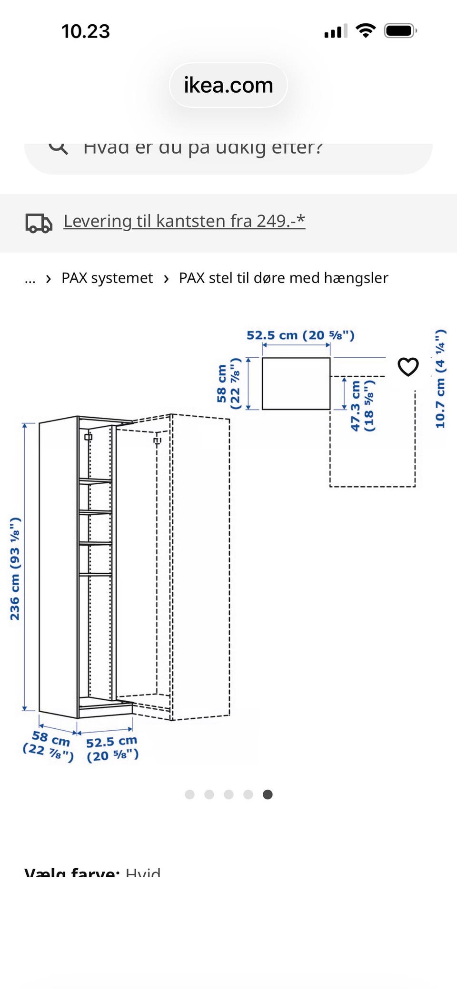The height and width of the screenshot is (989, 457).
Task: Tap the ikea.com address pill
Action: pyautogui.click(x=228, y=85)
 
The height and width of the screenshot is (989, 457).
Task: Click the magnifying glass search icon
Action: pyautogui.click(x=59, y=147)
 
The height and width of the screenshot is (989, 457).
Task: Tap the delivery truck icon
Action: pyautogui.click(x=39, y=223)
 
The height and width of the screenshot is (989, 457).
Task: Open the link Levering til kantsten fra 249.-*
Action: pyautogui.click(x=184, y=221)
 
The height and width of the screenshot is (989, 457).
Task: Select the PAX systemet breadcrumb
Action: pyautogui.click(x=107, y=278)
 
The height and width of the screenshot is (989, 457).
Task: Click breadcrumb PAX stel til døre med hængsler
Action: pyautogui.click(x=283, y=278)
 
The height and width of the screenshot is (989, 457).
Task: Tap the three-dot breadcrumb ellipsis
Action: pyautogui.click(x=30, y=279)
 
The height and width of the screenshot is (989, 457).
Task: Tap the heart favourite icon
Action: pyautogui.click(x=408, y=367)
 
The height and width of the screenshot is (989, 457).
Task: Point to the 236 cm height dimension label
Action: pyautogui.click(x=15, y=568)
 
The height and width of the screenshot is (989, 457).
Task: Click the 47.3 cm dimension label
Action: pyautogui.click(x=362, y=406)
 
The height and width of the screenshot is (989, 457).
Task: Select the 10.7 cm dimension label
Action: pyautogui.click(x=440, y=378)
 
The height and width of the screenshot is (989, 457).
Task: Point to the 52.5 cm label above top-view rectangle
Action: pyautogui.click(x=300, y=335)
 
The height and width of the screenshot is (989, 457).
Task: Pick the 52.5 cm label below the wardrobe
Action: pyautogui.click(x=112, y=748)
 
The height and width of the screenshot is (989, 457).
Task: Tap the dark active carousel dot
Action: pyautogui.click(x=268, y=794)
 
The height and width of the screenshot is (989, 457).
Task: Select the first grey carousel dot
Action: pyautogui.click(x=189, y=794)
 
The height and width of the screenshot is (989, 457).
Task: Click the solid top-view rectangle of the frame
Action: pyautogui.click(x=296, y=383)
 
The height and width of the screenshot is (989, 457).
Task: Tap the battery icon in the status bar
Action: pyautogui.click(x=400, y=31)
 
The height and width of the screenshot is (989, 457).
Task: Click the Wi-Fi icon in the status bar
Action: pyautogui.click(x=366, y=31)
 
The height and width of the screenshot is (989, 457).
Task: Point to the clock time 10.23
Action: pyautogui.click(x=86, y=32)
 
